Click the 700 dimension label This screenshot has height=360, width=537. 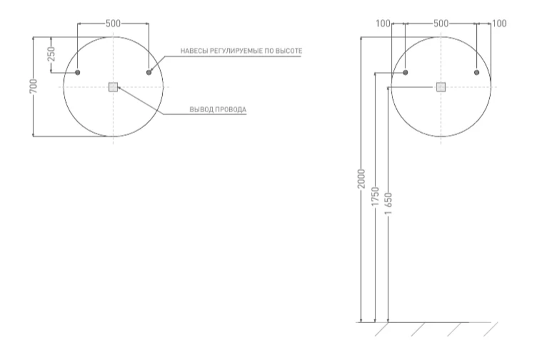pos(33,86)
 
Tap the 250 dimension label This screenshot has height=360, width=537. pos(51,54)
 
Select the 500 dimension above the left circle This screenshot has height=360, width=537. pos(113,23)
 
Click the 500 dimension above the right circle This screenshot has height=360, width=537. pos(441,23)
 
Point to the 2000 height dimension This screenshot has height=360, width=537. pos(361,178)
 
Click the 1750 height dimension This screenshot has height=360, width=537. pos(375,197)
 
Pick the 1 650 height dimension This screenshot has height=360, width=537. pos(388,204)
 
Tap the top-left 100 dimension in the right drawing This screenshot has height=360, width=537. pos(383,23)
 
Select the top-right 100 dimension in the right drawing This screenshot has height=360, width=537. pos(499,23)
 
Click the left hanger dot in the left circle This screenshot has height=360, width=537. pos(77,73)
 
